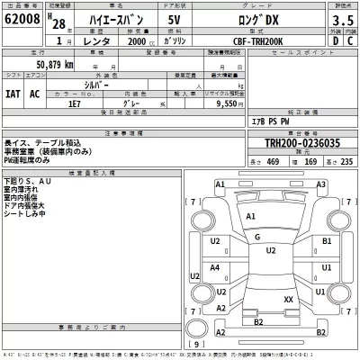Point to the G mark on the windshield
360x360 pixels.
[x=257, y=237]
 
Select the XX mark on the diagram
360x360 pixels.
[x=288, y=299]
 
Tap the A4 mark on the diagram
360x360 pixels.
[x=215, y=267]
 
